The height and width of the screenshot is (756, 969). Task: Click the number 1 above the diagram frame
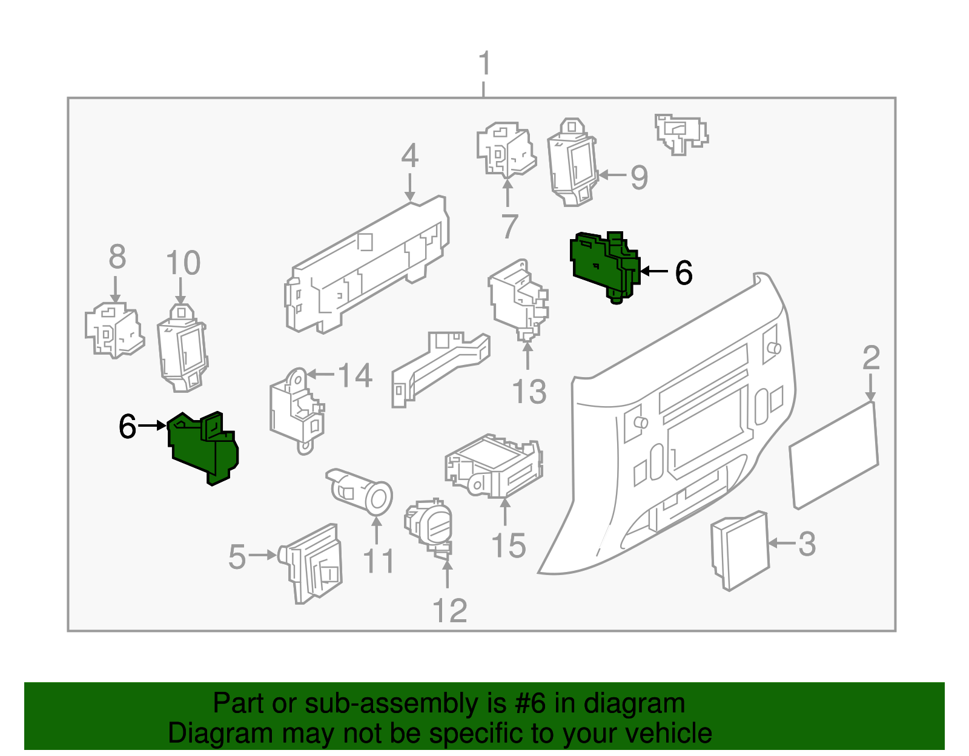coord(484,64)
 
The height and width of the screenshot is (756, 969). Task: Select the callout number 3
coord(807,544)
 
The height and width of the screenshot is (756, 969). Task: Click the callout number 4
coord(410,156)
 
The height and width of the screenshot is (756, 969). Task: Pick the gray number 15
coord(509,546)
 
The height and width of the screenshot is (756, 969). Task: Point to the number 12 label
coord(450,611)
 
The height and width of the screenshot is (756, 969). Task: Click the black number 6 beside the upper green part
coord(684,272)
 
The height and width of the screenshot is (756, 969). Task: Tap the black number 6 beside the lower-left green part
coord(128,426)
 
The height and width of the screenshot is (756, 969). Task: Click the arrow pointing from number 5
coord(263,554)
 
